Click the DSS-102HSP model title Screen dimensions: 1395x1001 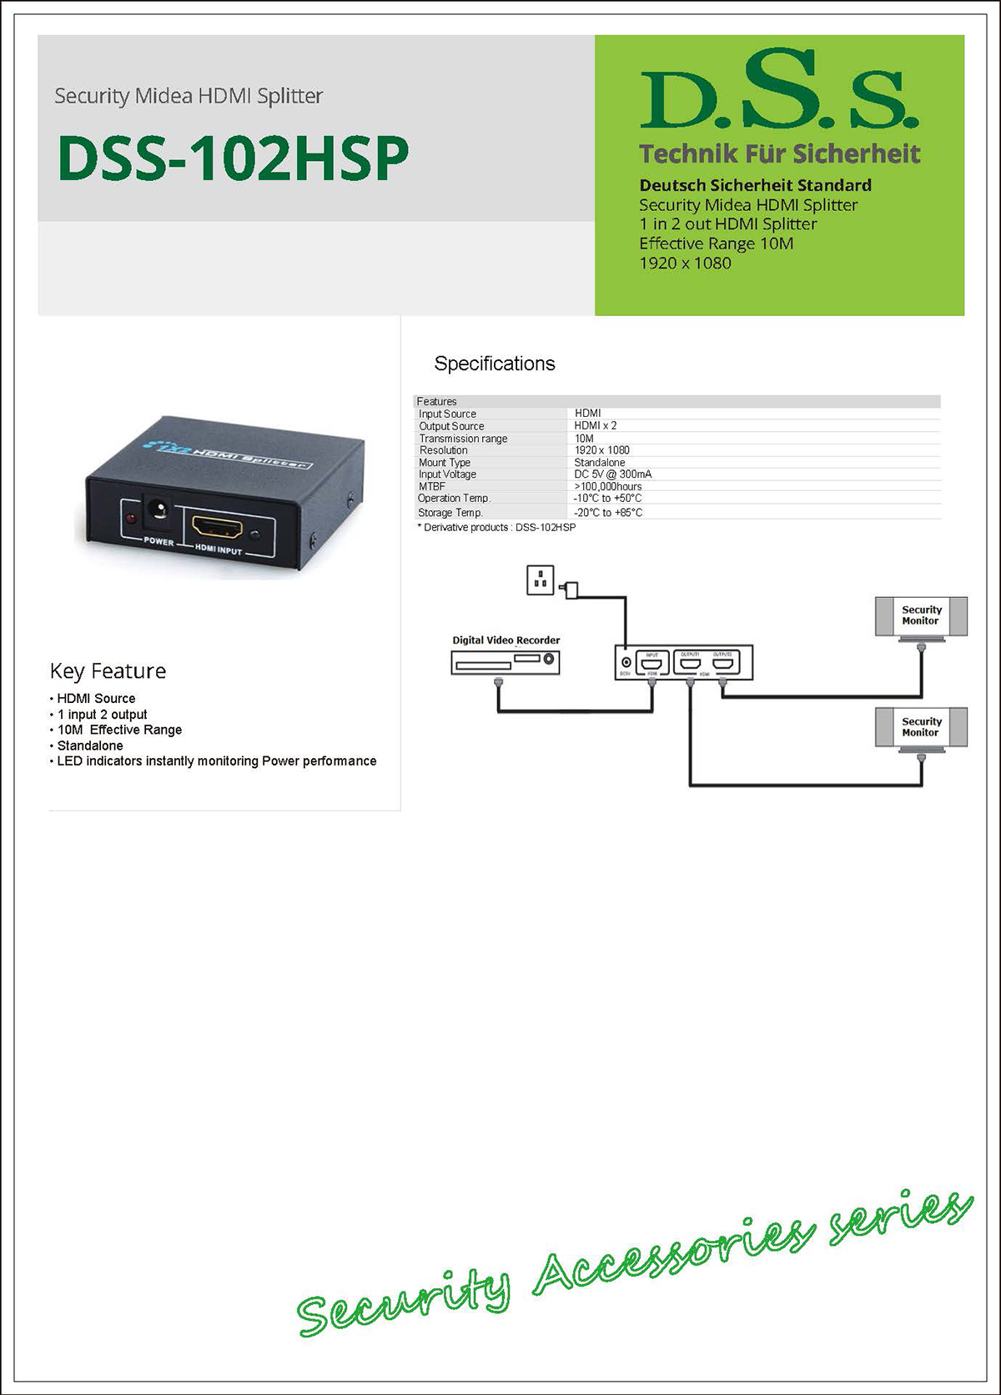click(x=233, y=158)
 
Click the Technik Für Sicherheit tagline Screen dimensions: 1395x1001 click(x=779, y=154)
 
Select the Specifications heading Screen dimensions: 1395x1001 click(x=494, y=364)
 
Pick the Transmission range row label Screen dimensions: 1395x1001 click(x=463, y=439)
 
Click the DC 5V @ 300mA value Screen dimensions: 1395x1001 click(x=613, y=474)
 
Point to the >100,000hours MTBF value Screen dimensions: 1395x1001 click(x=608, y=486)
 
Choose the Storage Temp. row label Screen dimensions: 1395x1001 click(x=450, y=513)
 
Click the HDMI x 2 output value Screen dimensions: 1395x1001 click(x=596, y=425)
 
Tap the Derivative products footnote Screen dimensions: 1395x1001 click(x=497, y=528)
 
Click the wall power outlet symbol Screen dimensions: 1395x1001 click(x=541, y=580)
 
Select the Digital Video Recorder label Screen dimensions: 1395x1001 click(x=506, y=640)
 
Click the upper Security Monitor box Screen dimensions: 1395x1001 click(x=921, y=616)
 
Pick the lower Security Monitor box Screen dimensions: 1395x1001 click(x=921, y=727)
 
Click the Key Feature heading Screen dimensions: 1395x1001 click(x=108, y=671)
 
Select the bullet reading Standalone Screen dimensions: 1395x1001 click(x=90, y=745)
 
